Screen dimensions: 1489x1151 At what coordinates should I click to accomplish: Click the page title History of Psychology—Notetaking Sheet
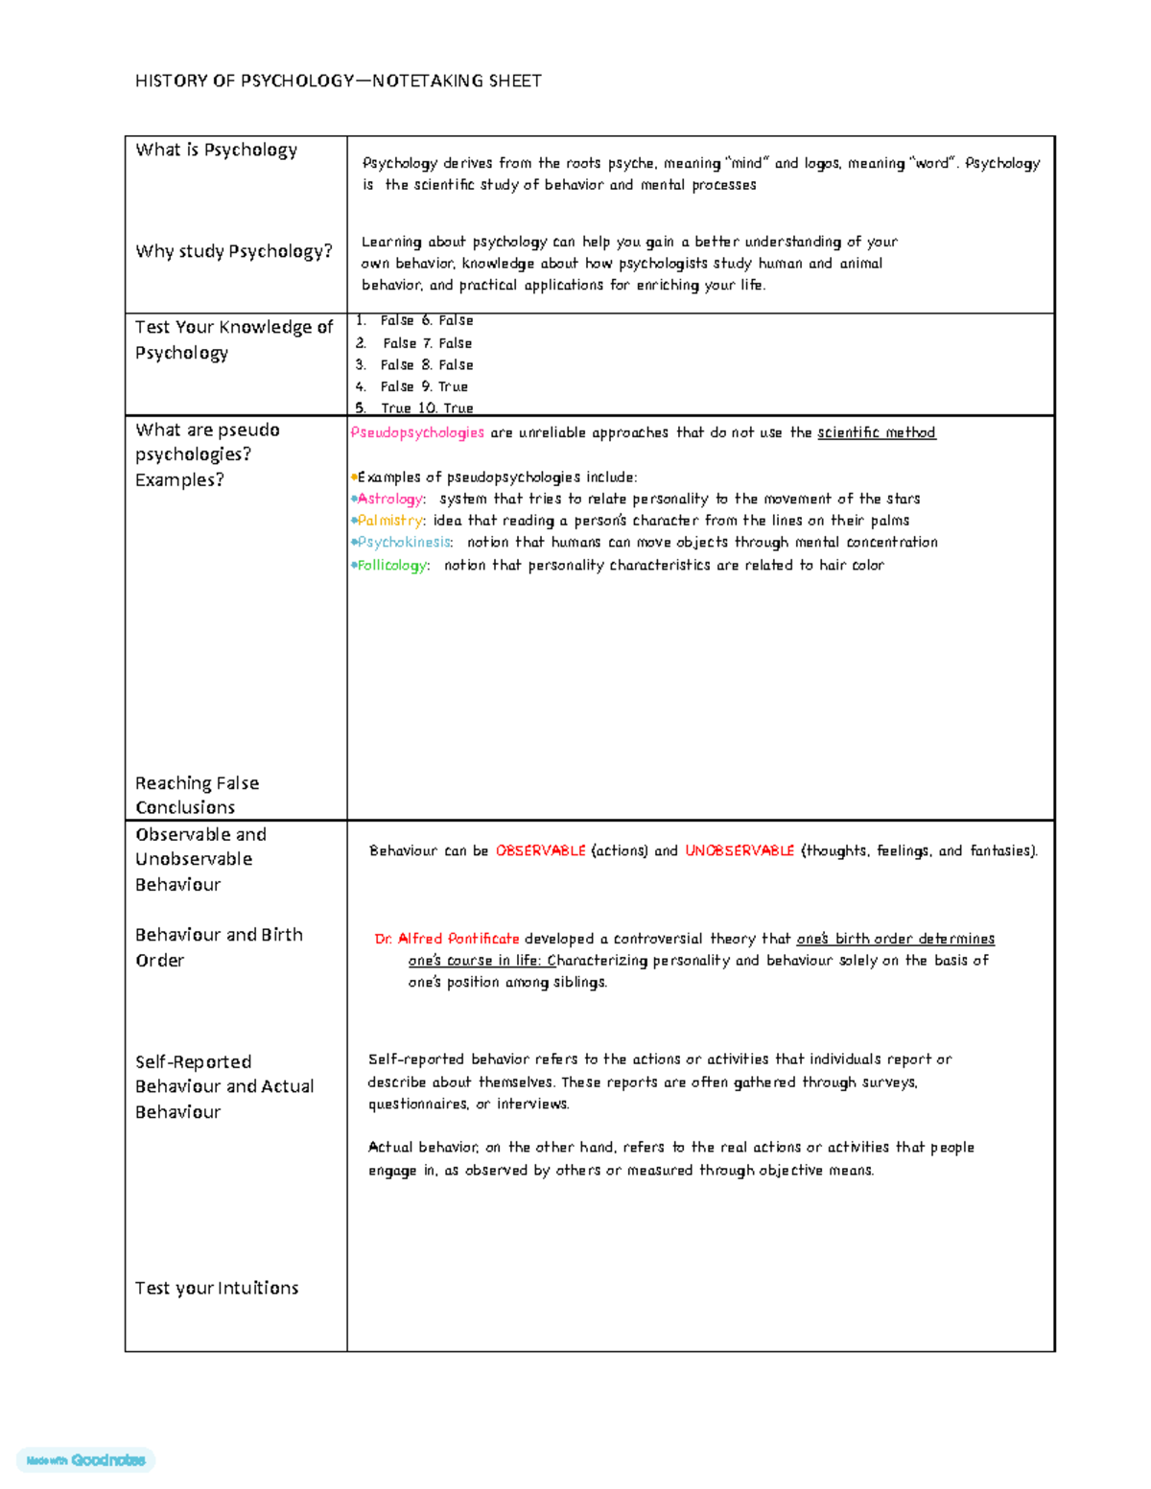[x=338, y=81]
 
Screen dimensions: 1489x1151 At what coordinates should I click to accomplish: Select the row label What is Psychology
[x=216, y=150]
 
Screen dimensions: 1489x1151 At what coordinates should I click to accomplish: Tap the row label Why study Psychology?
[x=233, y=251]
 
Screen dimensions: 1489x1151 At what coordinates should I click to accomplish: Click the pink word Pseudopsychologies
[x=417, y=433]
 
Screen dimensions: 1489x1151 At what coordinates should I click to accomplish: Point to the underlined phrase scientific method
[x=876, y=433]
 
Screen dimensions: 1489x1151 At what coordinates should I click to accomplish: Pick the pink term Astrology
[x=390, y=500]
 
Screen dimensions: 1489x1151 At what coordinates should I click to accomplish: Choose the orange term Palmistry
[x=389, y=521]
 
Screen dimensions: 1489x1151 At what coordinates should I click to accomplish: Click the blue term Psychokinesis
[x=403, y=543]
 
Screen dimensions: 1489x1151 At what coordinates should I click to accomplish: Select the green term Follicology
[x=392, y=566]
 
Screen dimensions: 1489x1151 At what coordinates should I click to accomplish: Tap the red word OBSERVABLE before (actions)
[x=540, y=851]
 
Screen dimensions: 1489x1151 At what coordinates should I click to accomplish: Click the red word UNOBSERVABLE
[x=739, y=851]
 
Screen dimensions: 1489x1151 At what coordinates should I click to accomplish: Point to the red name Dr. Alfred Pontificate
[x=447, y=940]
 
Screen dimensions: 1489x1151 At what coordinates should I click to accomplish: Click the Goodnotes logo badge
[x=86, y=1460]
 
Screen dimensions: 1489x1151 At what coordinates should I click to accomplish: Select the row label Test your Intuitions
[x=217, y=1289]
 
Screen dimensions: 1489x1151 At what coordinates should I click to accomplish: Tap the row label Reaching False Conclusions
[x=197, y=796]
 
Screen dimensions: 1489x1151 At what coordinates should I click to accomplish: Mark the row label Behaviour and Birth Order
[x=219, y=947]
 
